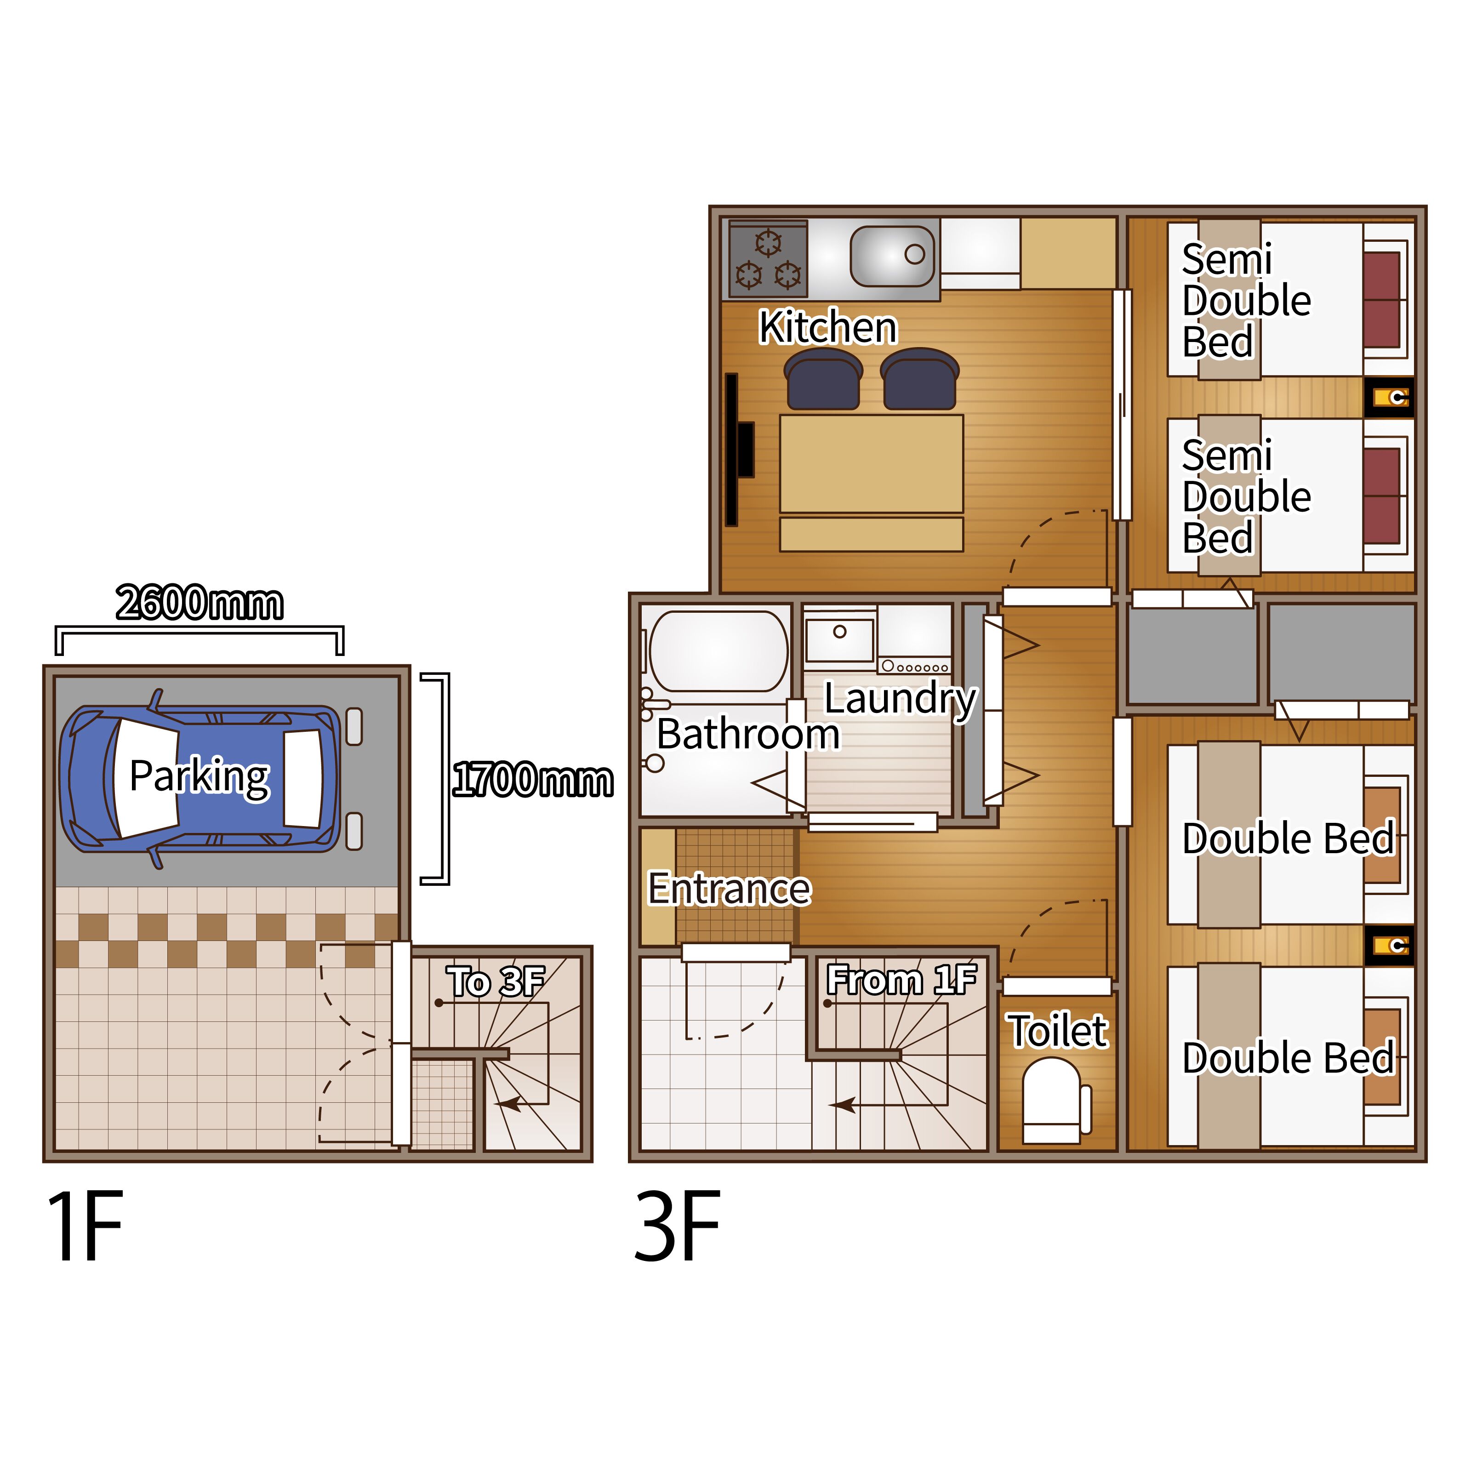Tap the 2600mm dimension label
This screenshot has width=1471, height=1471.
[200, 604]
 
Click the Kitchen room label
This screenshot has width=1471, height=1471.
[828, 327]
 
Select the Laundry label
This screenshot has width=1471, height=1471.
[901, 699]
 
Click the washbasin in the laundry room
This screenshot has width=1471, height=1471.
[840, 639]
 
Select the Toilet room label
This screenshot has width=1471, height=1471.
[1058, 1031]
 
